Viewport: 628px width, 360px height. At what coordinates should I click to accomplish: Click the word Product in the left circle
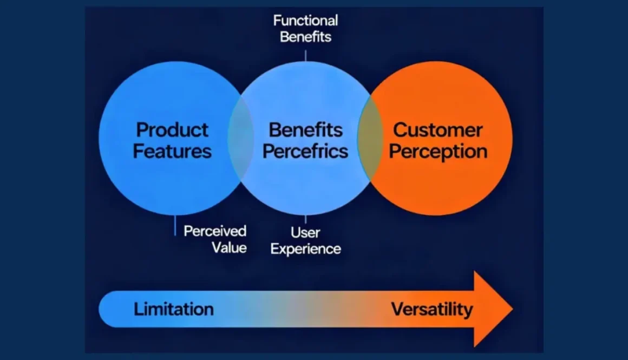click(x=172, y=130)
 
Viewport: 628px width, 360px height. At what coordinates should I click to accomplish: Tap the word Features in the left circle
click(x=172, y=151)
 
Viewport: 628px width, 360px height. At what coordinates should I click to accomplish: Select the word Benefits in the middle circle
click(x=306, y=130)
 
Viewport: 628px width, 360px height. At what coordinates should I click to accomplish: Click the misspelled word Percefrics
click(x=305, y=151)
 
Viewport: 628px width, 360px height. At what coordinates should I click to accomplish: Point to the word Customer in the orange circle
click(x=437, y=130)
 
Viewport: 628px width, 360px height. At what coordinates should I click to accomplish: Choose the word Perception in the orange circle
click(x=438, y=152)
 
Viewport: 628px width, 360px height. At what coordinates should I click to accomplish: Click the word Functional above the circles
click(x=305, y=21)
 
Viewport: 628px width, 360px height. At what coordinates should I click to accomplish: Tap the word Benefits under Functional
click(x=305, y=37)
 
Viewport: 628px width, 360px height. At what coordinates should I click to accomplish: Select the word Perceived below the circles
click(x=215, y=231)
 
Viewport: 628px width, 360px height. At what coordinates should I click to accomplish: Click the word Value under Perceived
click(x=229, y=248)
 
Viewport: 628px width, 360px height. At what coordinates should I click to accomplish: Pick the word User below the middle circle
click(x=305, y=233)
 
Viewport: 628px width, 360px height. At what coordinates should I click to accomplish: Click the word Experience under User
click(x=306, y=249)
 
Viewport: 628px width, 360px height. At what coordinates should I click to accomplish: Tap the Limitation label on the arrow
click(x=173, y=310)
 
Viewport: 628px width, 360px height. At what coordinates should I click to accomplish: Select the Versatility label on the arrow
click(x=431, y=310)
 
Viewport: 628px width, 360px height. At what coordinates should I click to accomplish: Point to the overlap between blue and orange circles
click(x=370, y=138)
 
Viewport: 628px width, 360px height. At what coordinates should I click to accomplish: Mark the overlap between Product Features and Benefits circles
click(x=240, y=138)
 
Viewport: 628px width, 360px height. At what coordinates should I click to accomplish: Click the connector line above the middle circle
click(x=305, y=55)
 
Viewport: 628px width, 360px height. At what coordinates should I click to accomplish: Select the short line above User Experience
click(x=305, y=219)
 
